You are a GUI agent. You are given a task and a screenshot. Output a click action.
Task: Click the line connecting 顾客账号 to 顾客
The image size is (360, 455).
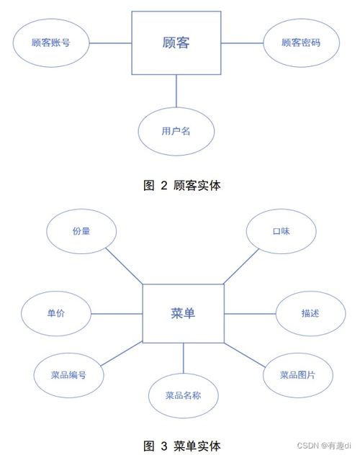pos(111,43)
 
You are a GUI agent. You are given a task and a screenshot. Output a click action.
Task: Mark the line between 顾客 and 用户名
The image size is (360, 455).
pos(176,91)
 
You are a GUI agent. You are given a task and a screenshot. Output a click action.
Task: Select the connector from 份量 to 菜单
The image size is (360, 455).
pos(124,266)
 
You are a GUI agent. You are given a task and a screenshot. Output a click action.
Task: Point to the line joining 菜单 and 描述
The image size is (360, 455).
pos(250,314)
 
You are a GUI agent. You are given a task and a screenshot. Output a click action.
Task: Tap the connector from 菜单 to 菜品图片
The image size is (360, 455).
pos(245,355)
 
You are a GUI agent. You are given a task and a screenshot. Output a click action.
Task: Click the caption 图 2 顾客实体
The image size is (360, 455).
pos(182,186)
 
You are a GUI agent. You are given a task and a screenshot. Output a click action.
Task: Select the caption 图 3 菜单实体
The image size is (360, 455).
pos(182,446)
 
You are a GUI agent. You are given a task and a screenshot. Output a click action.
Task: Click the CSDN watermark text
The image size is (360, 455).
pos(324,445)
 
